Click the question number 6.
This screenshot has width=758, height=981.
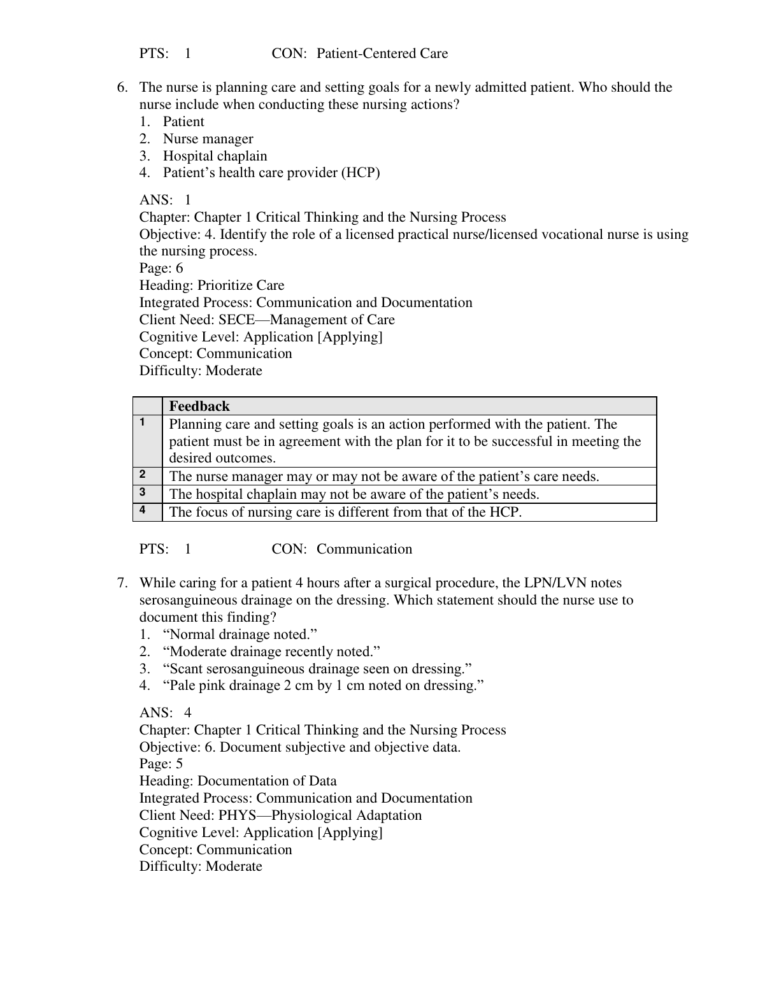coord(122,87)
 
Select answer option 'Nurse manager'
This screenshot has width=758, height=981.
coord(208,139)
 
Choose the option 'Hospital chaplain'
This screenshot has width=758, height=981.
coord(215,156)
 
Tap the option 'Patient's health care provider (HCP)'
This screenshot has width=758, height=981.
coord(271,173)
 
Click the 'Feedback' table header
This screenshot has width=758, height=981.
coord(199,406)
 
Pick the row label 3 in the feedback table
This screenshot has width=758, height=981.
coord(143,492)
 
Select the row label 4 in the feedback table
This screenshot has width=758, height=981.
coord(143,510)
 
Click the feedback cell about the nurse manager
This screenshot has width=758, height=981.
coord(383,476)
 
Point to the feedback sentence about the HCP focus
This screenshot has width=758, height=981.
coord(345,512)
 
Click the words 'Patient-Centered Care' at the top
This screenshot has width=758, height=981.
coord(382,54)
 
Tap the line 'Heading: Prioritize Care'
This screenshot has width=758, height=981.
coord(211,285)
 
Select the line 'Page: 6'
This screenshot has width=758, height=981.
coord(161,268)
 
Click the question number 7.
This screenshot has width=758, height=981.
coord(122,583)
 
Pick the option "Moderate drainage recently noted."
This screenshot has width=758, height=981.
coord(271,652)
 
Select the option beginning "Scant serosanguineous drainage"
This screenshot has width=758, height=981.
coord(317,669)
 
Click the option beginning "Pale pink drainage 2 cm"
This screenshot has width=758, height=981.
coord(323,686)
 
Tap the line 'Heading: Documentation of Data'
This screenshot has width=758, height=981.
coord(238,781)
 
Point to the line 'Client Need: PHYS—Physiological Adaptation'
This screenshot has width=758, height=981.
coord(280,815)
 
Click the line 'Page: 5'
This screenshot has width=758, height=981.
coord(161,764)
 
